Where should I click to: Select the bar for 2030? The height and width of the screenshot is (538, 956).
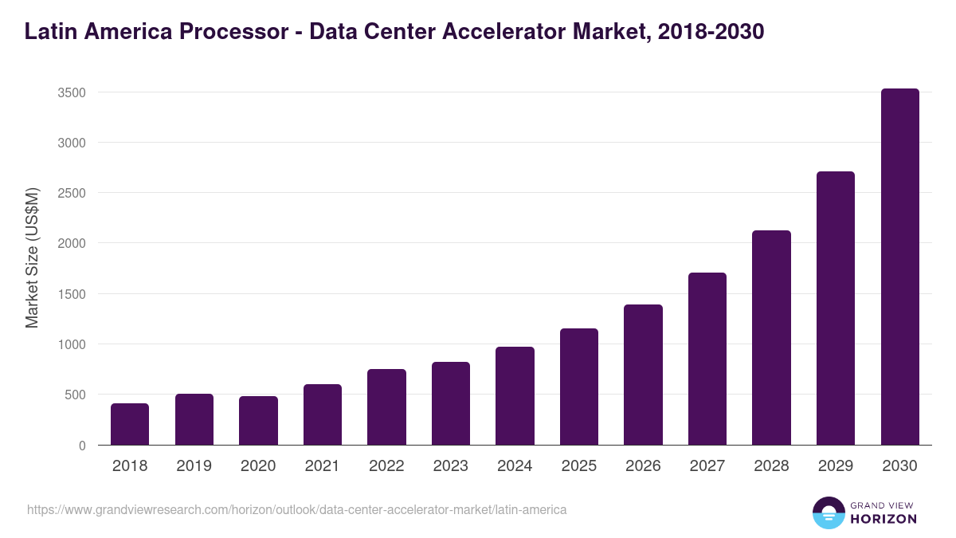tap(899, 267)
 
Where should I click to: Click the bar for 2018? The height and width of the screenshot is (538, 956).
tap(130, 424)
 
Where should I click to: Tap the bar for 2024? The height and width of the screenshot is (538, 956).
tap(515, 396)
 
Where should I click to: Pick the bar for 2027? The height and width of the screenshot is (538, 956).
tap(707, 359)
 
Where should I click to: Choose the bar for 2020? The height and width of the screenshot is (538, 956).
tap(258, 421)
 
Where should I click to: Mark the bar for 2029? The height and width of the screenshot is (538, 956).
tap(835, 308)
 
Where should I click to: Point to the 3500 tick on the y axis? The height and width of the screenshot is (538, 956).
tap(72, 92)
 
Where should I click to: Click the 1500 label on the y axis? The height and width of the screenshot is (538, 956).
tap(72, 294)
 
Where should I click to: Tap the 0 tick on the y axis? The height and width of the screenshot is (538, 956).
tap(82, 446)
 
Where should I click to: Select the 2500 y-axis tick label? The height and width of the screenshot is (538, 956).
tap(72, 193)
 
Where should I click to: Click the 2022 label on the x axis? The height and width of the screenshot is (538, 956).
tap(386, 466)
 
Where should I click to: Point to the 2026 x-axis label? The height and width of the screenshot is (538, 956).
tap(643, 466)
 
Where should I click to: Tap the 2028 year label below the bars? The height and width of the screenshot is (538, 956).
tap(771, 466)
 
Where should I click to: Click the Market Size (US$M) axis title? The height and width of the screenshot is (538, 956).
tap(32, 258)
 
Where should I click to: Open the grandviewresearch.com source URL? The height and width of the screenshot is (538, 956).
tap(297, 509)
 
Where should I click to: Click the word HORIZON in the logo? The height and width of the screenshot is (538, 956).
tap(884, 519)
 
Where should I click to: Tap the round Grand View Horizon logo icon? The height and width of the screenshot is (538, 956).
tap(829, 512)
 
